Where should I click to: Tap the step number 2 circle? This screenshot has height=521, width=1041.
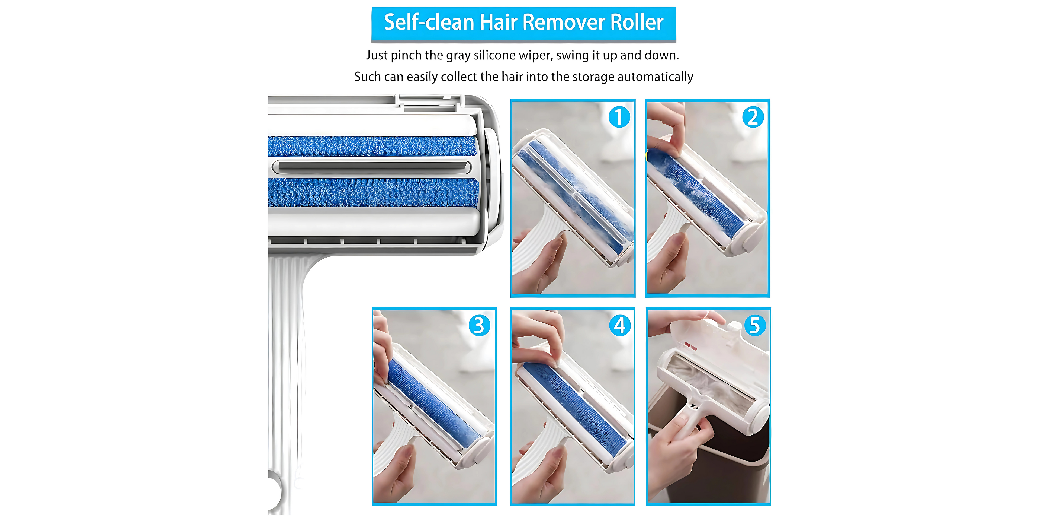pyautogui.click(x=753, y=117)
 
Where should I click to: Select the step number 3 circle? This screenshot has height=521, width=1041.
pyautogui.click(x=479, y=325)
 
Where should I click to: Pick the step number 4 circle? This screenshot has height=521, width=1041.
pyautogui.click(x=619, y=325)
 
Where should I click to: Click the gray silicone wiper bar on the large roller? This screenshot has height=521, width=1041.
pyautogui.click(x=372, y=167)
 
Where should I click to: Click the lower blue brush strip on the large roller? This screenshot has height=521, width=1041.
pyautogui.click(x=373, y=193)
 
